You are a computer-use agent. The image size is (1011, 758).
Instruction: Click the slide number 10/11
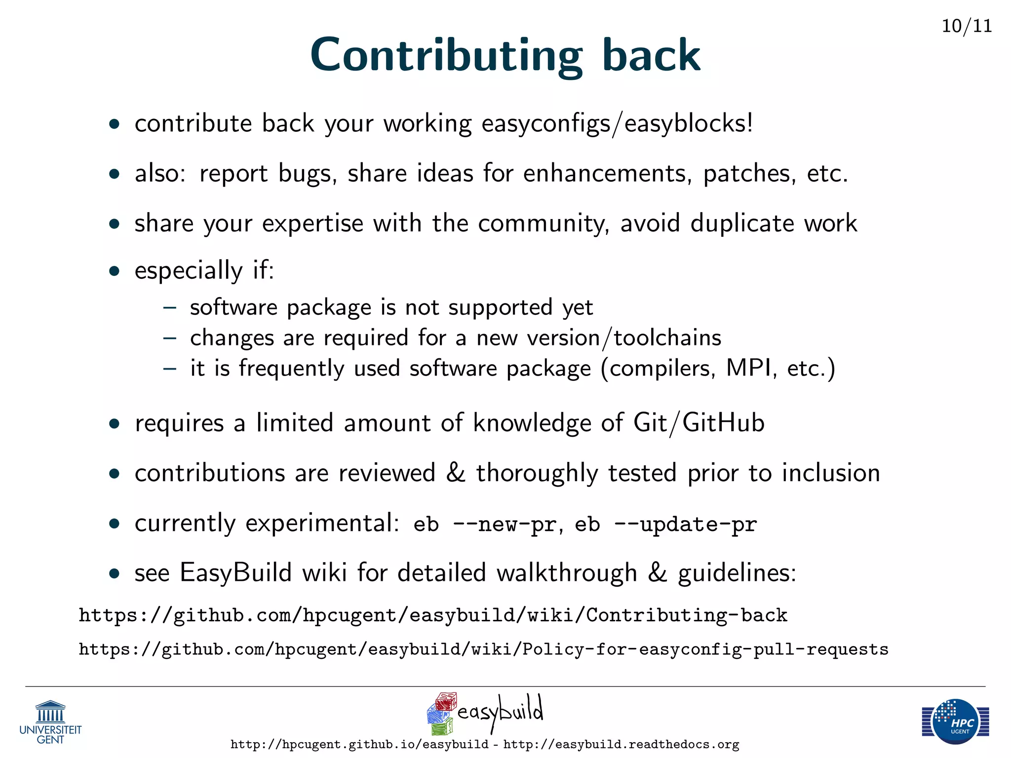click(967, 26)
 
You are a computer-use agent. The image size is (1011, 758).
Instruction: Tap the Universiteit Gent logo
click(50, 722)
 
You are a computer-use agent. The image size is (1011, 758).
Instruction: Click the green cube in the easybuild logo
click(442, 726)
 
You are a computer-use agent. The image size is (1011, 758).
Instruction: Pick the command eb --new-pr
click(485, 524)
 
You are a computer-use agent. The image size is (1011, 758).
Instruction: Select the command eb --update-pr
click(665, 524)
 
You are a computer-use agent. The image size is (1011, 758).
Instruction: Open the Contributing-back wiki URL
click(433, 615)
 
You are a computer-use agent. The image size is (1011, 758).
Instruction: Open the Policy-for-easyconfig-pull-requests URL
click(483, 649)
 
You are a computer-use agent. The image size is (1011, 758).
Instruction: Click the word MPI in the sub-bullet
click(749, 368)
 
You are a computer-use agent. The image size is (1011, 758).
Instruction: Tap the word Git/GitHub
click(699, 423)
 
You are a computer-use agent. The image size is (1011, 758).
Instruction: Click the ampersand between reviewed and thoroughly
click(455, 472)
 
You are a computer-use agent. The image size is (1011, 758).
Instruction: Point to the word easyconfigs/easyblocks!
click(617, 123)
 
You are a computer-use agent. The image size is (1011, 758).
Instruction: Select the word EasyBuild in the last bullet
click(235, 572)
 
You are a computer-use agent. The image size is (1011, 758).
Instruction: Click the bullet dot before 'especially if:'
click(115, 271)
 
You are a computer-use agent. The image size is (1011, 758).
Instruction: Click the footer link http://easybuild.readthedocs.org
click(621, 744)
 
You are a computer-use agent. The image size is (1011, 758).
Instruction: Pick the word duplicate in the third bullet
click(742, 223)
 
